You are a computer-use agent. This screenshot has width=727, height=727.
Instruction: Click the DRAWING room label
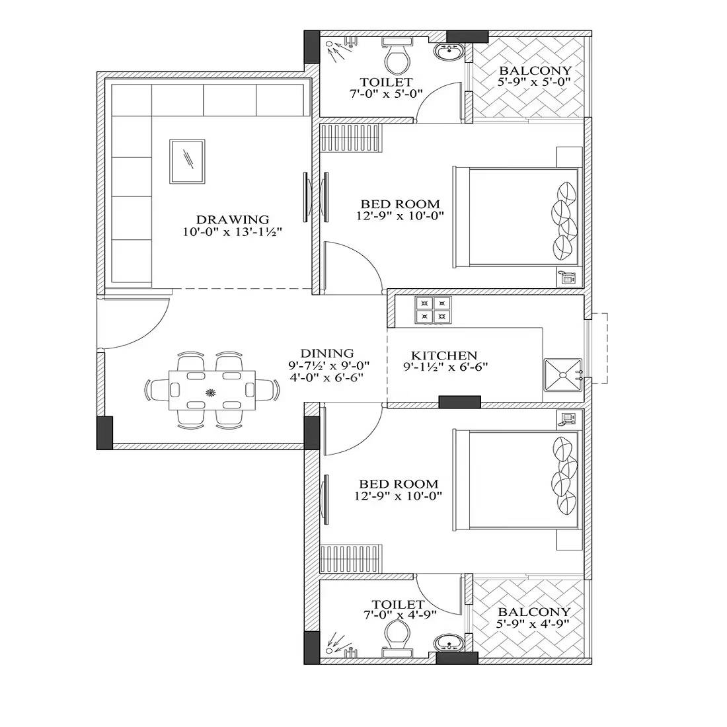click(232, 219)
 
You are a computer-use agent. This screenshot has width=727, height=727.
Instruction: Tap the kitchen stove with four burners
click(433, 310)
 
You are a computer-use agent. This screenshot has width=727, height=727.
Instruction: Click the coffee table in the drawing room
click(188, 161)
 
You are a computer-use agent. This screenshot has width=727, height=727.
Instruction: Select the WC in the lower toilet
click(397, 634)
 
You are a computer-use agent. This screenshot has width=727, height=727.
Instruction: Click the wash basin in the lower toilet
click(450, 642)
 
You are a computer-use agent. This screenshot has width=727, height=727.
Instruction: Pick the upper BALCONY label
click(535, 71)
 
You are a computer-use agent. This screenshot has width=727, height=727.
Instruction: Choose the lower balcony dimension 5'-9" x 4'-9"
click(534, 623)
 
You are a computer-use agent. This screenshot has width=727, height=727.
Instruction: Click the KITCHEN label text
click(443, 356)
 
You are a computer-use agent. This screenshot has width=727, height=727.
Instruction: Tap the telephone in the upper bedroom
click(567, 278)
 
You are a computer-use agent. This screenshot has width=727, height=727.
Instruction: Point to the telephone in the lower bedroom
click(567, 418)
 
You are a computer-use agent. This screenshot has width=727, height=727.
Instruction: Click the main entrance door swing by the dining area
click(135, 324)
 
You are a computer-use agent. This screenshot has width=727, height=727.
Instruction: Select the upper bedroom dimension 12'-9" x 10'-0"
click(399, 215)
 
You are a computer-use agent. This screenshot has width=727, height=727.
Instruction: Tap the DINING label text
click(326, 354)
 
